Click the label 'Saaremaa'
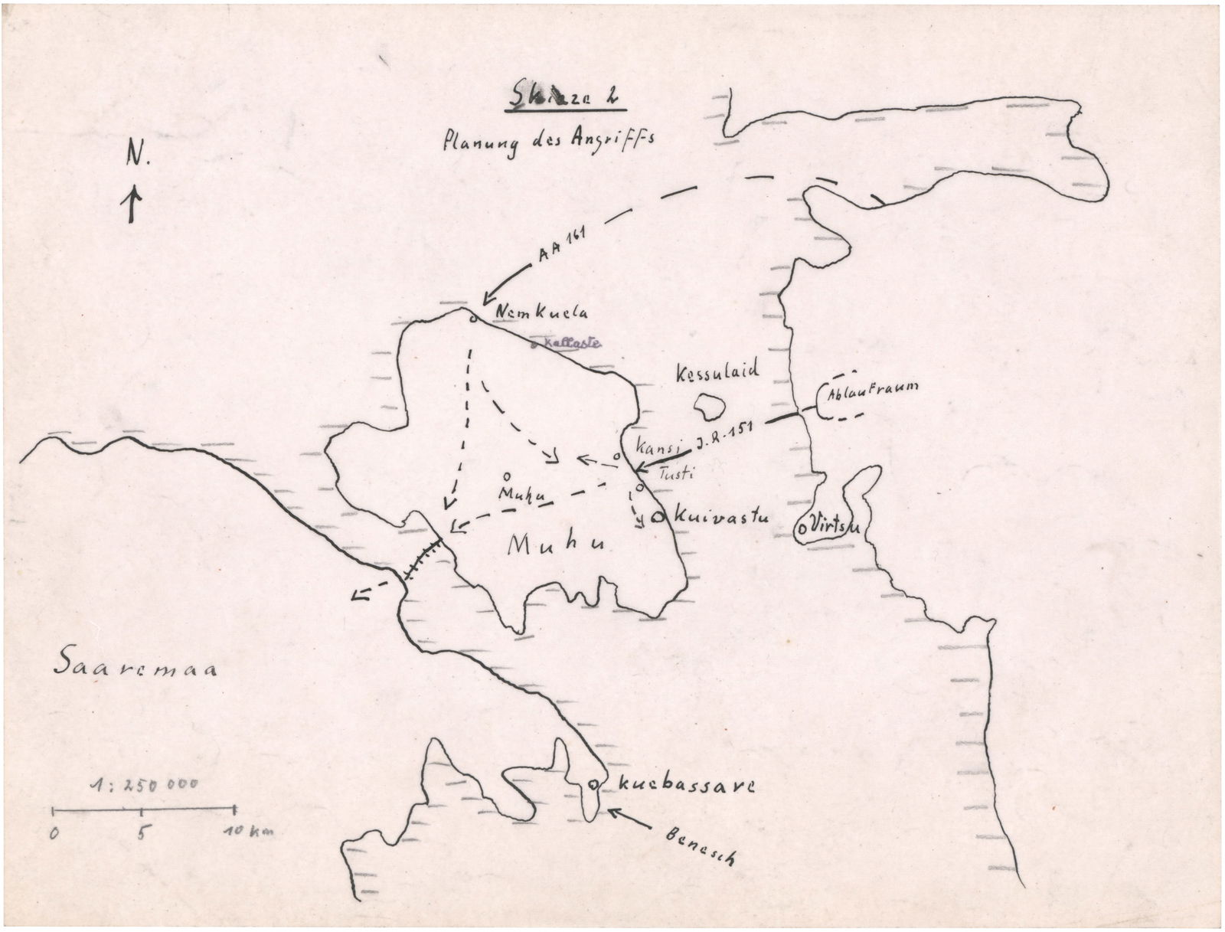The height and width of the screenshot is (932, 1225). [x=135, y=666]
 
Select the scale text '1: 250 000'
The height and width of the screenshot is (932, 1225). [x=143, y=785]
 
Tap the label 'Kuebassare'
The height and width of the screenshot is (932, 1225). [x=686, y=786]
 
